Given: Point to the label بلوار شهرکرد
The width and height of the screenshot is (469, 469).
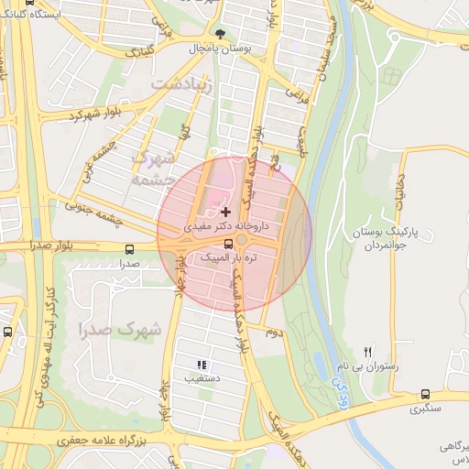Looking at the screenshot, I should tap(94, 116).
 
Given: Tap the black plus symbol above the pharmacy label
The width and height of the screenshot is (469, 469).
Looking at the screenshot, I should tap(226, 212).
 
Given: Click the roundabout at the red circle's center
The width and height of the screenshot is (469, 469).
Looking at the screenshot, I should tap(241, 240).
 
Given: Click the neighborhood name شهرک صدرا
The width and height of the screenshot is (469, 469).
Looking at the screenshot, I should tap(119, 328).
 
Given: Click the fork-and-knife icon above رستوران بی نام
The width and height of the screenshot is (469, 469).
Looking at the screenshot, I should tap(368, 352).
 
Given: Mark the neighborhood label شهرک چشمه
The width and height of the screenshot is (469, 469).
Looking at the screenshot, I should tap(153, 168).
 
